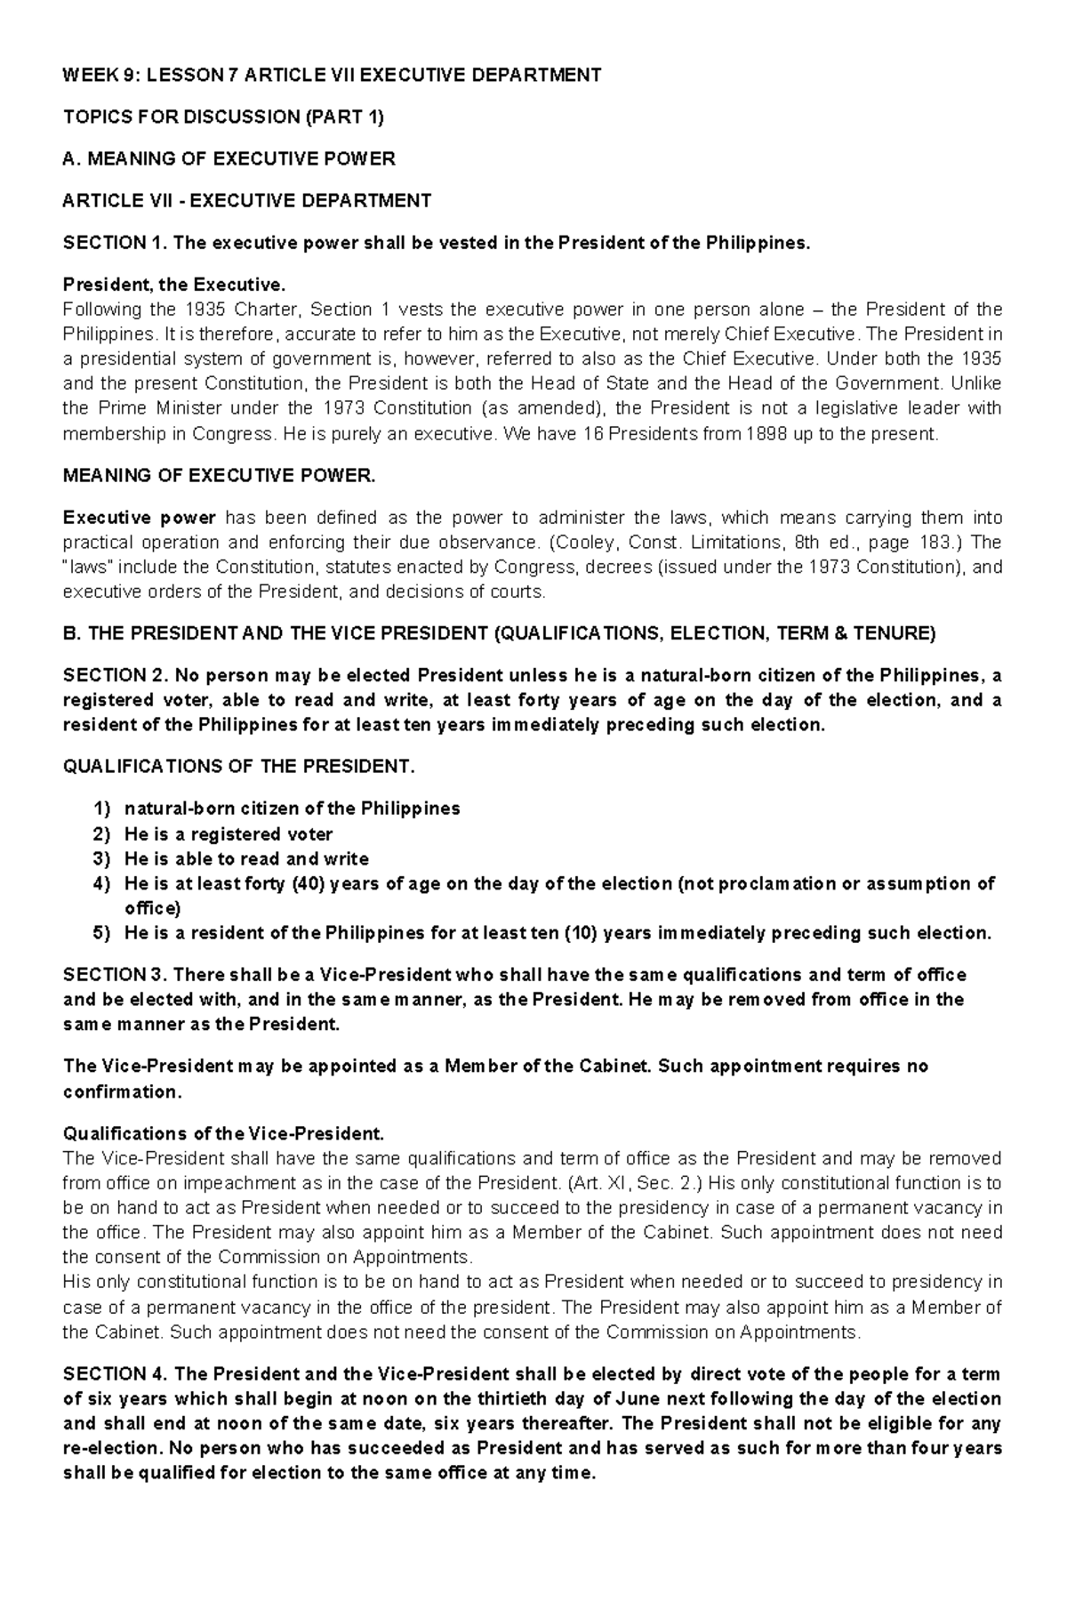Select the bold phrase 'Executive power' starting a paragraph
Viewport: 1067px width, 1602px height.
140,518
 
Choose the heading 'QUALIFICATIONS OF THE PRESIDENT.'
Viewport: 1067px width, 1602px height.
238,767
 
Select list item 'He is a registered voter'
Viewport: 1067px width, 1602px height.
229,834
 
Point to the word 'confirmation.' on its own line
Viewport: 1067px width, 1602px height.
122,1091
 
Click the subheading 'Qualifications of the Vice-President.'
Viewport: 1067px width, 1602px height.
223,1133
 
